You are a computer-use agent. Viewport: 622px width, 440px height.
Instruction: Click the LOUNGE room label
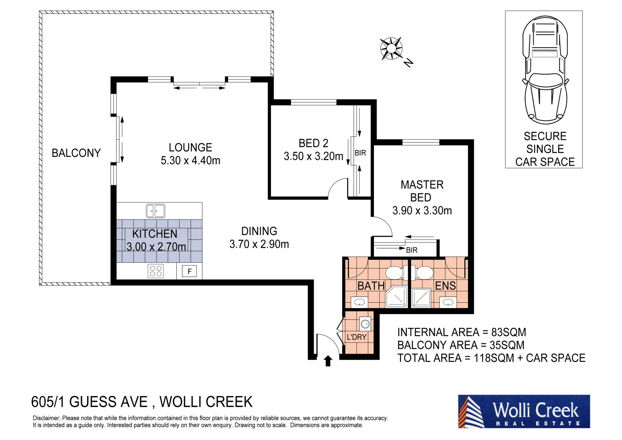190,147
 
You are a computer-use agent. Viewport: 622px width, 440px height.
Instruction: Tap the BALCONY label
76,153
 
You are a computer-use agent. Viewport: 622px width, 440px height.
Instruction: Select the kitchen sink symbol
155,211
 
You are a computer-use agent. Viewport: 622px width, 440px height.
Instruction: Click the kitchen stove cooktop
156,271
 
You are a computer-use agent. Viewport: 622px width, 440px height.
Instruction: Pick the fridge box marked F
189,271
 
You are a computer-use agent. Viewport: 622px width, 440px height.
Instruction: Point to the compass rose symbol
391,48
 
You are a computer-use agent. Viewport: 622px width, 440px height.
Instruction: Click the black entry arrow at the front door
327,361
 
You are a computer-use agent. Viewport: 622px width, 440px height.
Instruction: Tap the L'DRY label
356,337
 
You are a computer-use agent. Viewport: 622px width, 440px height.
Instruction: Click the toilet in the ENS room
424,273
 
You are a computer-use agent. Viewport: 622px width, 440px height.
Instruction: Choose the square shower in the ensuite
420,298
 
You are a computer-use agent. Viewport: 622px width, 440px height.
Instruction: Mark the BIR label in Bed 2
360,153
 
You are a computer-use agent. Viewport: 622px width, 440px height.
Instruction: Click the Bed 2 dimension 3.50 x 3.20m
313,156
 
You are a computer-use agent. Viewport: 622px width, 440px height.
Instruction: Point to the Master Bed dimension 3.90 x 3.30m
422,211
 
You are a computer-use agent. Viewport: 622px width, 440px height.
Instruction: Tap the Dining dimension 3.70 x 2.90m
259,244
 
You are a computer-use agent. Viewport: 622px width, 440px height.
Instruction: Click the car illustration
545,71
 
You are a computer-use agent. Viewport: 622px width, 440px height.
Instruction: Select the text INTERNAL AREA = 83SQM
462,332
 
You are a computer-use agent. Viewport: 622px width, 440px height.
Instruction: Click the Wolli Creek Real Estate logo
524,411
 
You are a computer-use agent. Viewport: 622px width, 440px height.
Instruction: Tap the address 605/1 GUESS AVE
89,402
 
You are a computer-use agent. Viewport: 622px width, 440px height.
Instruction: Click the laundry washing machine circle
365,324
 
